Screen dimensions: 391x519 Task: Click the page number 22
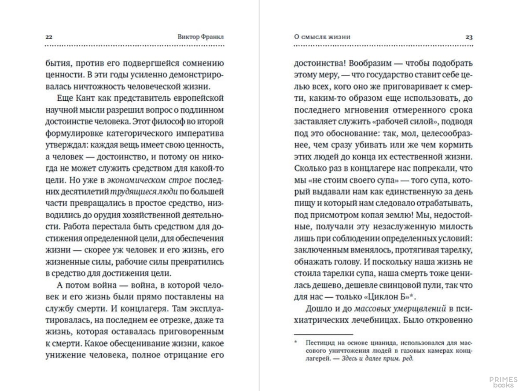click(x=49, y=37)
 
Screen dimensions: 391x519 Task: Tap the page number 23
click(x=469, y=37)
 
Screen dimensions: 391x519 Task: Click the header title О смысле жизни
click(x=322, y=37)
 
